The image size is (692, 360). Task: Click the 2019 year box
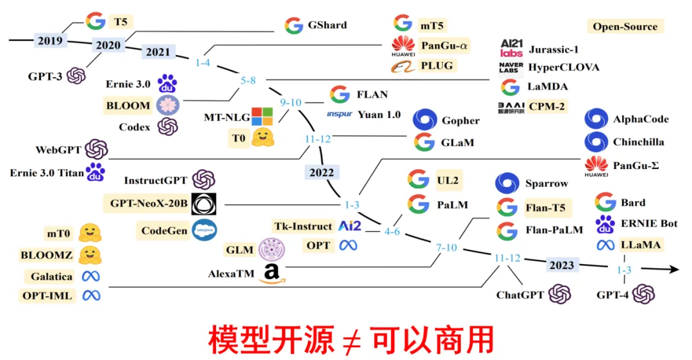tap(50, 41)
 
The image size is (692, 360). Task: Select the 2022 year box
tap(320, 172)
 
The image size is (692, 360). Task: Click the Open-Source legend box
tap(625, 26)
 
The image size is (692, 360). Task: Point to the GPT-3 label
tap(45, 76)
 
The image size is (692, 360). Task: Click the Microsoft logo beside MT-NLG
tap(261, 117)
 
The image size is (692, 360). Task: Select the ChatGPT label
tap(520, 295)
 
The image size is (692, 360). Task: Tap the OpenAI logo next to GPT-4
tap(643, 295)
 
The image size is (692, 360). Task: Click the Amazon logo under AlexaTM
tap(272, 274)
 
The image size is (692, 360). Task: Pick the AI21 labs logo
tap(511, 49)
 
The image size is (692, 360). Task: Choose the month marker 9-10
tap(291, 102)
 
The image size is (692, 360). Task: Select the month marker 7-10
tap(447, 247)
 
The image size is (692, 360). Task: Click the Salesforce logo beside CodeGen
tap(204, 230)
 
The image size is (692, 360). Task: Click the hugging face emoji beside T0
tap(262, 138)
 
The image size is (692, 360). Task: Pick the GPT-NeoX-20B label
tap(148, 204)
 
